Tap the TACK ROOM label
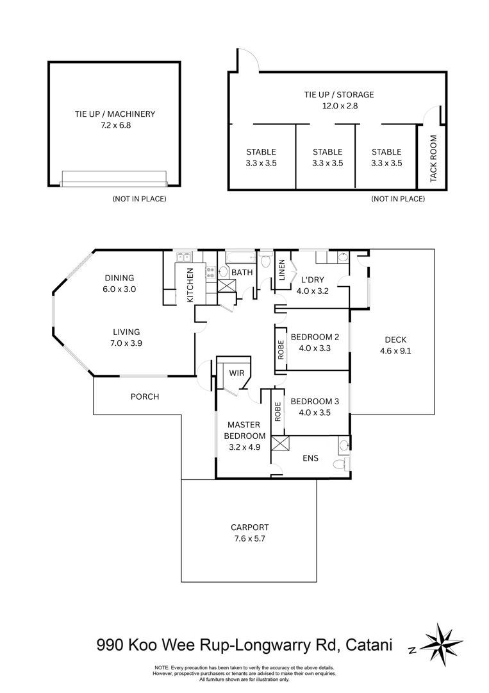click(433, 158)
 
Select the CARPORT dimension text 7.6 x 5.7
click(249, 538)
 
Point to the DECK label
click(395, 339)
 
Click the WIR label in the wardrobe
click(236, 373)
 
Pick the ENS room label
click(310, 458)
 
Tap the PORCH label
click(145, 397)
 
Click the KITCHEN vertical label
click(190, 285)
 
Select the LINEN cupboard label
click(282, 269)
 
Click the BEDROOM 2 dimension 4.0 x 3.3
click(315, 348)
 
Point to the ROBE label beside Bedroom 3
click(278, 411)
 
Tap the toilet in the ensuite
click(341, 464)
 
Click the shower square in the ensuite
click(280, 443)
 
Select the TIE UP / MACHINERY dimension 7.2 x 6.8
click(115, 125)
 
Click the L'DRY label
click(313, 280)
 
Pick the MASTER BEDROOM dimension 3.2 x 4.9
click(245, 447)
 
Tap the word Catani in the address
click(369, 645)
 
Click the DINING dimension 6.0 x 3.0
click(120, 289)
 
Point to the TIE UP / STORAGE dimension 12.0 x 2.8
click(340, 106)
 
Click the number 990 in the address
click(110, 645)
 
